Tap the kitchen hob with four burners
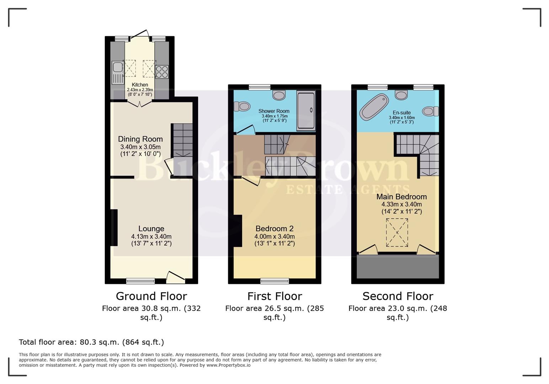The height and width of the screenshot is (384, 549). click(x=162, y=71)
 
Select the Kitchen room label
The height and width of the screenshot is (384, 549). click(x=140, y=85)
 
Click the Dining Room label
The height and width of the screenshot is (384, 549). click(x=140, y=139)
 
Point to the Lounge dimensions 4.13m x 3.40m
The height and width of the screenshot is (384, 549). click(x=151, y=236)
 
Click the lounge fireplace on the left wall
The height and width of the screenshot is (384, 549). click(x=114, y=228)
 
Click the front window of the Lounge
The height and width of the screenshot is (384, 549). click(x=140, y=281)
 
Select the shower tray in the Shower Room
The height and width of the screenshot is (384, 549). click(x=306, y=111)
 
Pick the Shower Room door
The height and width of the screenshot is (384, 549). click(x=246, y=130)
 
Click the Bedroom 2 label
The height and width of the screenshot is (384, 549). click(x=274, y=229)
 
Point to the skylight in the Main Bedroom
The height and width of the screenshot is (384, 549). click(x=397, y=233)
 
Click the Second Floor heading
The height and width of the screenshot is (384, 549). click(x=398, y=296)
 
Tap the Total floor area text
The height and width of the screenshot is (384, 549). click(x=91, y=342)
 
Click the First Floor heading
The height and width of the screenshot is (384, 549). click(x=274, y=296)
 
